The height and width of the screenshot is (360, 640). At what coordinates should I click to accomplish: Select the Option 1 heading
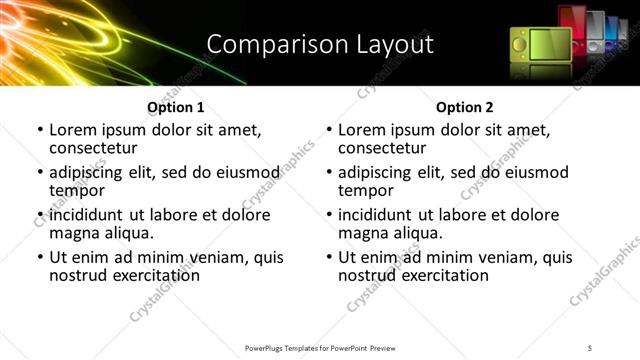click(176, 108)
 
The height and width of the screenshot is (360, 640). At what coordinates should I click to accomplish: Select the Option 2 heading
click(464, 108)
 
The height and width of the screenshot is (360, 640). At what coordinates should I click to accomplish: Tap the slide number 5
click(590, 347)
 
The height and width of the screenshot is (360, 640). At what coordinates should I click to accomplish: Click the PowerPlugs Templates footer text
click(320, 347)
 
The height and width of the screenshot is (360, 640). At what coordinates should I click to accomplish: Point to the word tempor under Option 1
click(76, 190)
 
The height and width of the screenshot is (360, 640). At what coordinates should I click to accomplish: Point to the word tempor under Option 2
click(365, 190)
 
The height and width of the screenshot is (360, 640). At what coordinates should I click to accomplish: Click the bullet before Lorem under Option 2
click(330, 131)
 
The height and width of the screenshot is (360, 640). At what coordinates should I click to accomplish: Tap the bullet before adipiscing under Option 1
click(41, 173)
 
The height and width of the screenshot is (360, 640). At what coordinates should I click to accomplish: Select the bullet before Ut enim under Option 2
click(330, 257)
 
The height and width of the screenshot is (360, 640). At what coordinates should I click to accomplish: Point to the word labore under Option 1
click(159, 215)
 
